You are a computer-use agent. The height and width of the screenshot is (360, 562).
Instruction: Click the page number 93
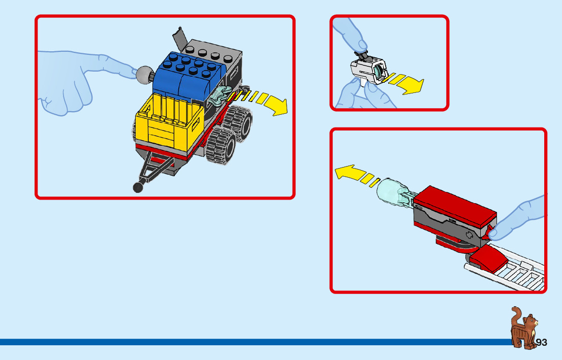coord(541,343)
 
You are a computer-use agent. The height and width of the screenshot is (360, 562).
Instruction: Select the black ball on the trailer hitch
coord(138,187)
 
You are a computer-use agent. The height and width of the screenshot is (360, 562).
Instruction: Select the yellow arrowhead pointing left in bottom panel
coord(346,173)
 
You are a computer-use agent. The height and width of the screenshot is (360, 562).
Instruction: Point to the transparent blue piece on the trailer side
coord(218,96)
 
